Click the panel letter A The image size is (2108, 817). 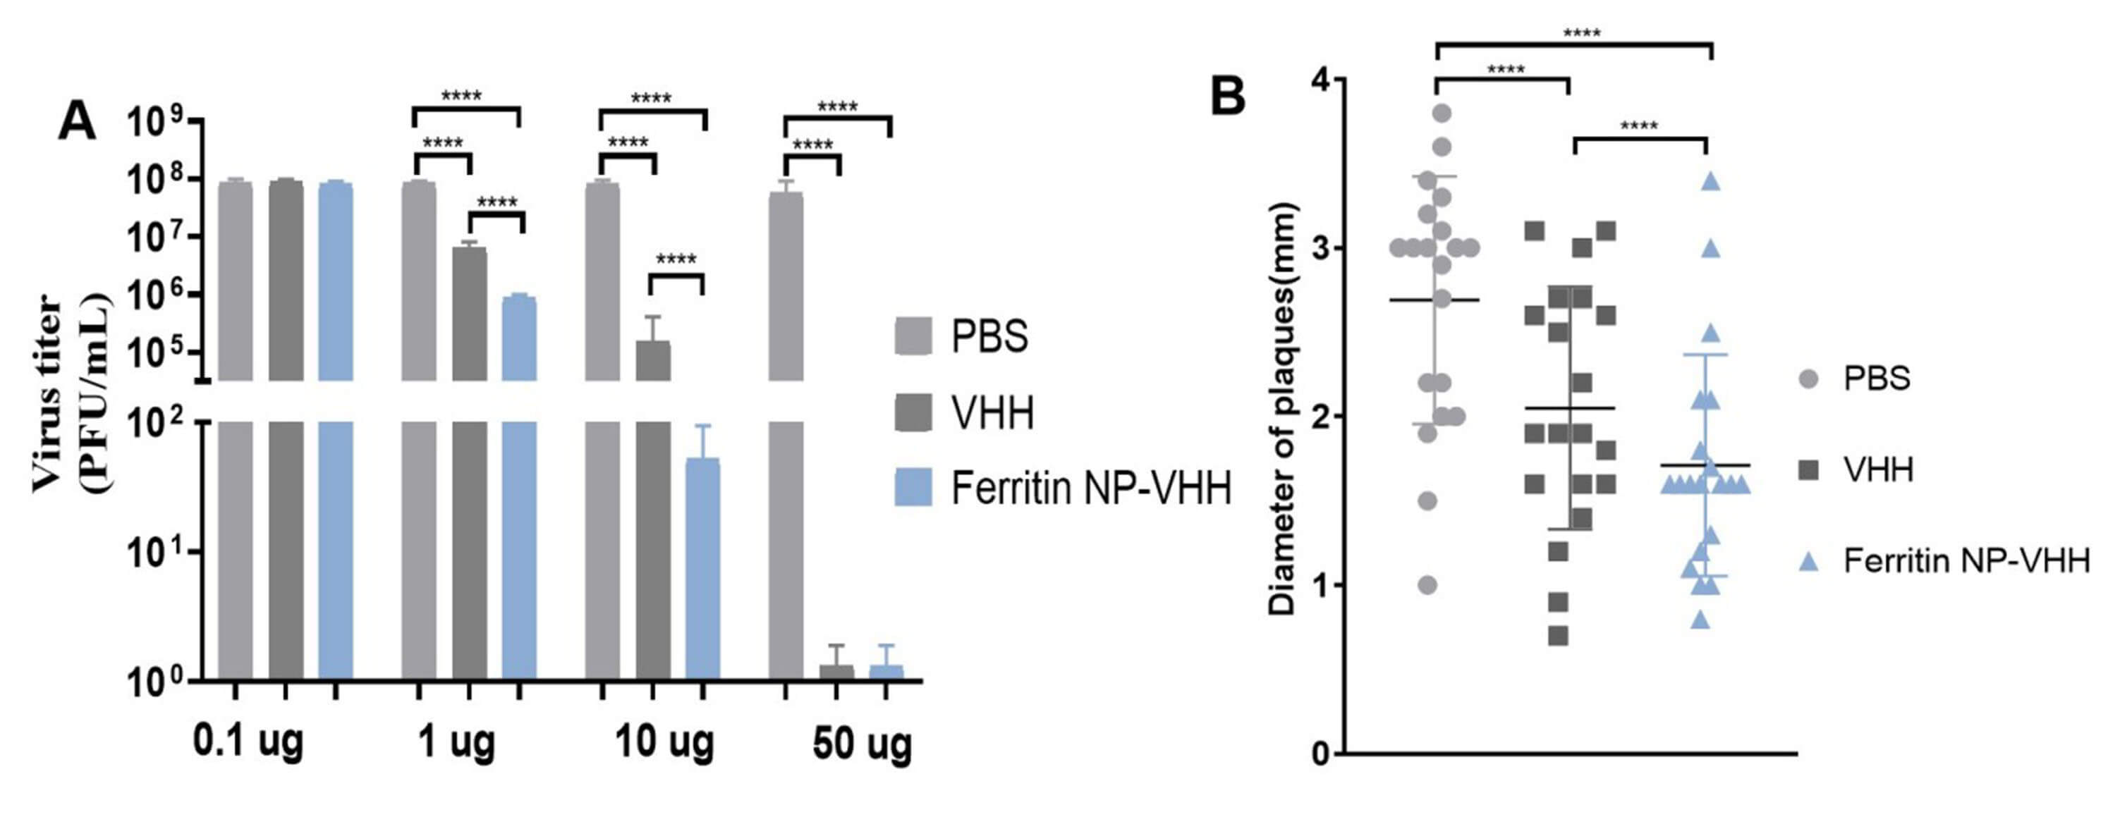[77, 123]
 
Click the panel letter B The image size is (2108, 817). [1227, 95]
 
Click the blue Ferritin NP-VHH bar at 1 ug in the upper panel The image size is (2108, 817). [519, 338]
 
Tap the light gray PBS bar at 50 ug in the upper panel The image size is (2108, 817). [786, 286]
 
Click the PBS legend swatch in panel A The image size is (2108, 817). [913, 336]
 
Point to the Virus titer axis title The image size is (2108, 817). [72, 393]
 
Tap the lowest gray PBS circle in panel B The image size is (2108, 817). [1428, 586]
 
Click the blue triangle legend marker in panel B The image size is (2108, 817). [1809, 562]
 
